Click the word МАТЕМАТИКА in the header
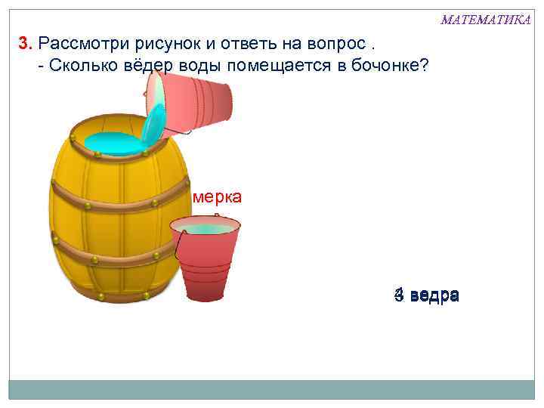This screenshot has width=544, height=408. coord(486,19)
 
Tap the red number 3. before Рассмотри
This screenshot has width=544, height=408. coord(26,42)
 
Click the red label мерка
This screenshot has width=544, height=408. coord(218,197)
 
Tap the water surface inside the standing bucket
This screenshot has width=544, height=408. coord(206,227)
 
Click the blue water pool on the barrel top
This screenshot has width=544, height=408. coord(113,141)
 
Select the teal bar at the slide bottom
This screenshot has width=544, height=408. coord(271,388)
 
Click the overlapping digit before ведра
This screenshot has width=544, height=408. coord(397,295)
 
